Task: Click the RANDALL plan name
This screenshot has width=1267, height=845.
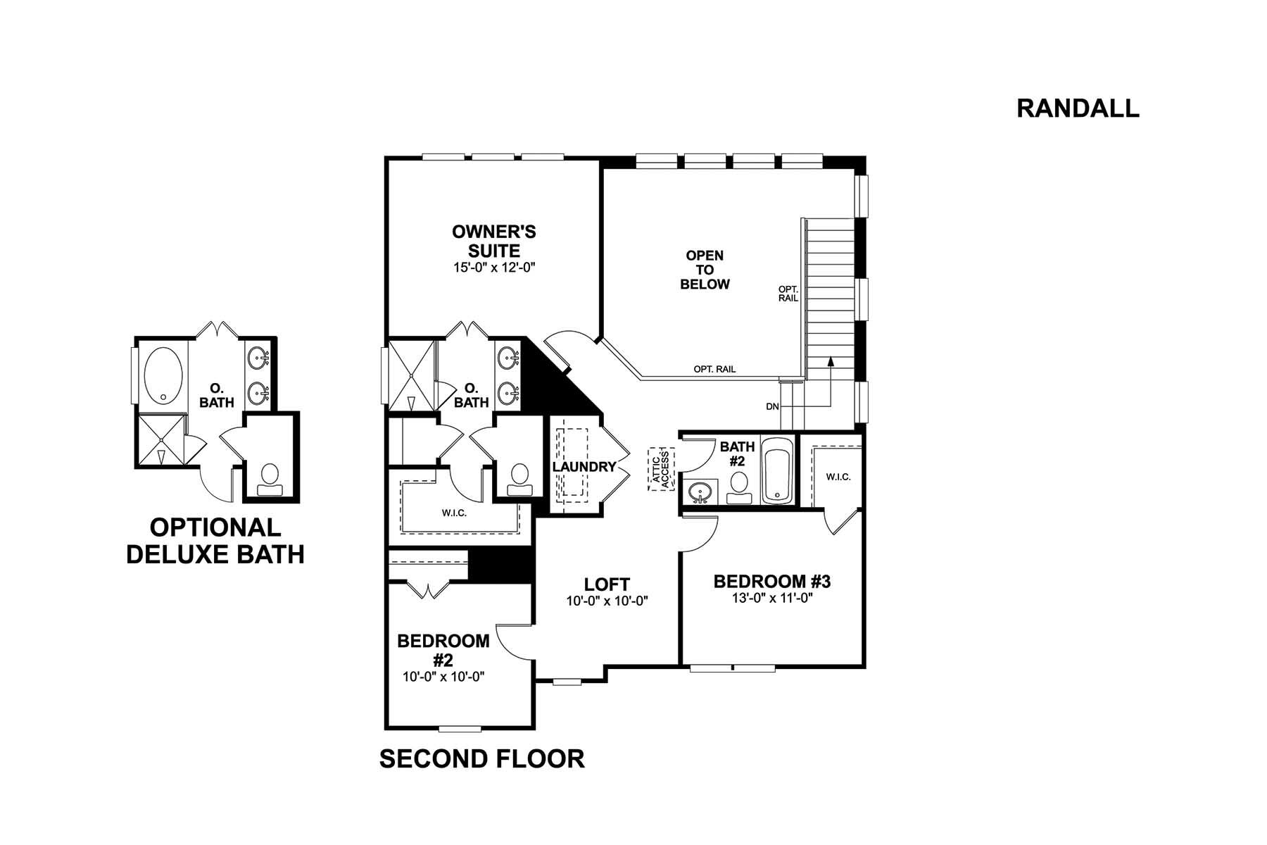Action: (x=1078, y=108)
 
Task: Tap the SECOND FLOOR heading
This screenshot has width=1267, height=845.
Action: (x=481, y=758)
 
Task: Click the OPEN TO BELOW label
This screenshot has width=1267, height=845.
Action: (x=705, y=270)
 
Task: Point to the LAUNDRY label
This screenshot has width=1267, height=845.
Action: (x=584, y=467)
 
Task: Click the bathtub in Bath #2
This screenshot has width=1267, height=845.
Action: (x=778, y=470)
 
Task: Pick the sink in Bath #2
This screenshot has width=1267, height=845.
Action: (x=700, y=492)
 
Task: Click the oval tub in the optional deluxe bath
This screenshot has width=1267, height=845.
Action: (x=163, y=375)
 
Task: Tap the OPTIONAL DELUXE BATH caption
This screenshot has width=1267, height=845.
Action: (x=215, y=541)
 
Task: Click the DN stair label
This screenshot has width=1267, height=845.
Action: (x=772, y=407)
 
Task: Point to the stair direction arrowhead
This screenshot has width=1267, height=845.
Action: (x=831, y=361)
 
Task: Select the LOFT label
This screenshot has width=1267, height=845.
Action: (x=607, y=584)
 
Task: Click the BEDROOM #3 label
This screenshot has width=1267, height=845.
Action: (x=772, y=582)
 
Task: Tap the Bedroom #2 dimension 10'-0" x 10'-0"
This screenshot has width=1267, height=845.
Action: (x=443, y=677)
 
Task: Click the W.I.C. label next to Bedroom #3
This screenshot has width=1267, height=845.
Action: (x=838, y=477)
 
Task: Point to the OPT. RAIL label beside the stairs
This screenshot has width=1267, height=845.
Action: (x=788, y=294)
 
